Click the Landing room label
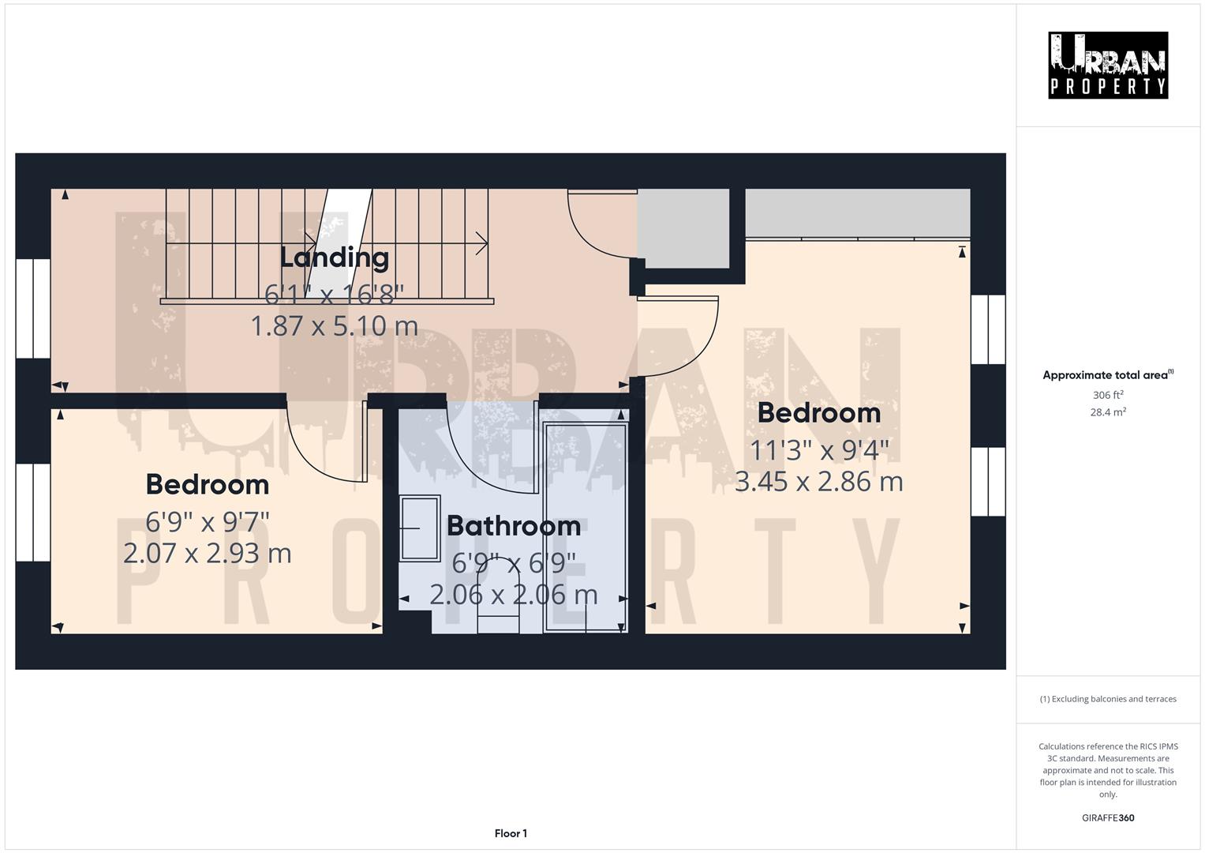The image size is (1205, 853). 335,257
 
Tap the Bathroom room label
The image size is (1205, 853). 514,526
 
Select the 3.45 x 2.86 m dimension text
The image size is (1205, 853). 818,481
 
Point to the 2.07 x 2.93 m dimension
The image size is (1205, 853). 208,553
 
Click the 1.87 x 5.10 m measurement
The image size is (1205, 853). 335,325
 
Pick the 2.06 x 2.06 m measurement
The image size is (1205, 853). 514,594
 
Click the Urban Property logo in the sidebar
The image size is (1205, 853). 1108,66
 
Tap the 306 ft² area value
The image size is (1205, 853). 1108,395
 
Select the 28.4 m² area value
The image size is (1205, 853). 1108,412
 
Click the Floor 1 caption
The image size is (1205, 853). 511,833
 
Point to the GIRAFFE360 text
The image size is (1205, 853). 1108,818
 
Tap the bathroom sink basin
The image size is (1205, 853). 419,528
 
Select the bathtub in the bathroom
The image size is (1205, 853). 585,527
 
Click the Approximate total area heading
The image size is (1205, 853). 1108,375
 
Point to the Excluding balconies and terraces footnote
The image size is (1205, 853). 1108,699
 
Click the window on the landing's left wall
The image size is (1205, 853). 33,308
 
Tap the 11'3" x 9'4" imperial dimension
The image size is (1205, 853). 818,450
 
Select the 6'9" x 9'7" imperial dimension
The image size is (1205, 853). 208,521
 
